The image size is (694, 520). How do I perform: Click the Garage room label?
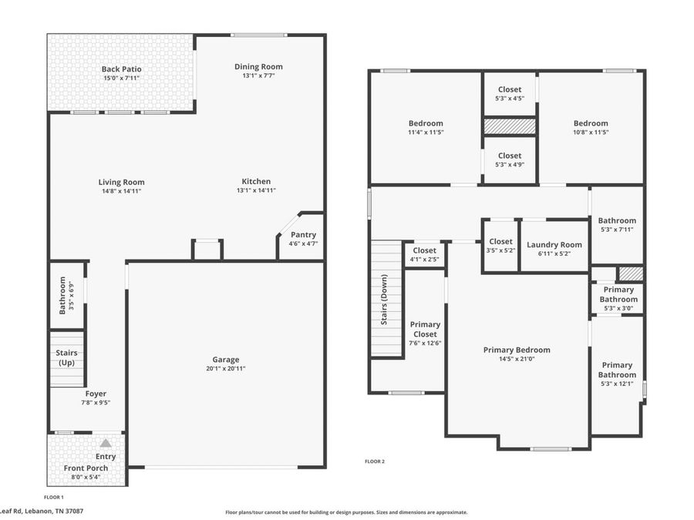(x=226, y=360)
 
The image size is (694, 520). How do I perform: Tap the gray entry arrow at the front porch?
(x=106, y=443)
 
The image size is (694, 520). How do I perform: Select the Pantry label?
(x=303, y=235)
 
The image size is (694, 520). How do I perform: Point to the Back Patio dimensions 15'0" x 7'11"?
(x=121, y=79)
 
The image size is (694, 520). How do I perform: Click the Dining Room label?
(x=258, y=67)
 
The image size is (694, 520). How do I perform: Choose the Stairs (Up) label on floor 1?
(x=66, y=357)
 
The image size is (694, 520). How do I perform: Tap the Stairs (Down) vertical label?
(x=384, y=300)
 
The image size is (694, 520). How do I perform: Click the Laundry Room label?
(x=554, y=244)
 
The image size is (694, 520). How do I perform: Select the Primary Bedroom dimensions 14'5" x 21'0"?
(x=517, y=359)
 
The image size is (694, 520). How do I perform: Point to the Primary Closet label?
(x=425, y=330)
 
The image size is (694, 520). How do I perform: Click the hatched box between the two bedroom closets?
(x=510, y=126)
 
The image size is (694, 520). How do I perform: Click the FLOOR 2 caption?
(x=375, y=461)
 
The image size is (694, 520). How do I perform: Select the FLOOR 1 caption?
(x=53, y=497)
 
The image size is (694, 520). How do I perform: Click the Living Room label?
(x=121, y=182)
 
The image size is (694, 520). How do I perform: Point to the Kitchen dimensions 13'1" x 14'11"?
(x=256, y=190)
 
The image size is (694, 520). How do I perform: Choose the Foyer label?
(x=96, y=394)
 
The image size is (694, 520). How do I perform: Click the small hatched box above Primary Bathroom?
(x=630, y=273)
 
